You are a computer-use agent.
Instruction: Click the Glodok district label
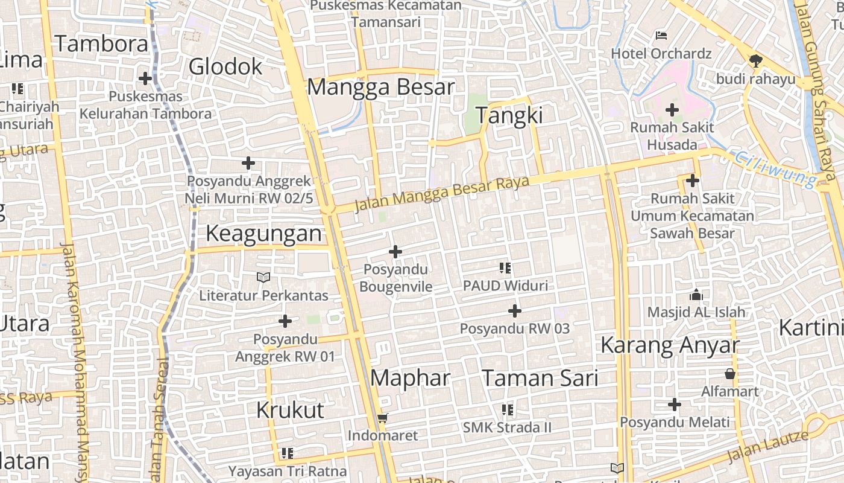(225, 66)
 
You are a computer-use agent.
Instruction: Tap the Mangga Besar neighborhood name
(380, 87)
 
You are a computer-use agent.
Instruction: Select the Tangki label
(509, 115)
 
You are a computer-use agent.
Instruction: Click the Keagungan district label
(264, 234)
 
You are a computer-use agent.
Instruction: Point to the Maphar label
(410, 378)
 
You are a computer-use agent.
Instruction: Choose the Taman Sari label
(540, 379)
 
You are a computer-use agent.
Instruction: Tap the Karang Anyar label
(670, 345)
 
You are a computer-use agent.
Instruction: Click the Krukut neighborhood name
(290, 410)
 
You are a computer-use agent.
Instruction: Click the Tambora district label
(101, 44)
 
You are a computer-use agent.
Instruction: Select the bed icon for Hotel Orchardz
(661, 36)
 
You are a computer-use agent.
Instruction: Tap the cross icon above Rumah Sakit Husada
(672, 110)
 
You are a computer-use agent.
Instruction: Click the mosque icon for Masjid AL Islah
(696, 295)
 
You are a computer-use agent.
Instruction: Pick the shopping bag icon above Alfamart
(730, 374)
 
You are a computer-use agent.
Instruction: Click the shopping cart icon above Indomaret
(382, 418)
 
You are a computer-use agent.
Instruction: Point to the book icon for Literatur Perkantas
(263, 277)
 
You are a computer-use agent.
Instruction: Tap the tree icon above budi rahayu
(755, 60)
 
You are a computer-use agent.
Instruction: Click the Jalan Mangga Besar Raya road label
(442, 194)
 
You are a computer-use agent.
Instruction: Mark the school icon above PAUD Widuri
(505, 267)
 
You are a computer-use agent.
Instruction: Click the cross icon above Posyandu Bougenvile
(395, 251)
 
